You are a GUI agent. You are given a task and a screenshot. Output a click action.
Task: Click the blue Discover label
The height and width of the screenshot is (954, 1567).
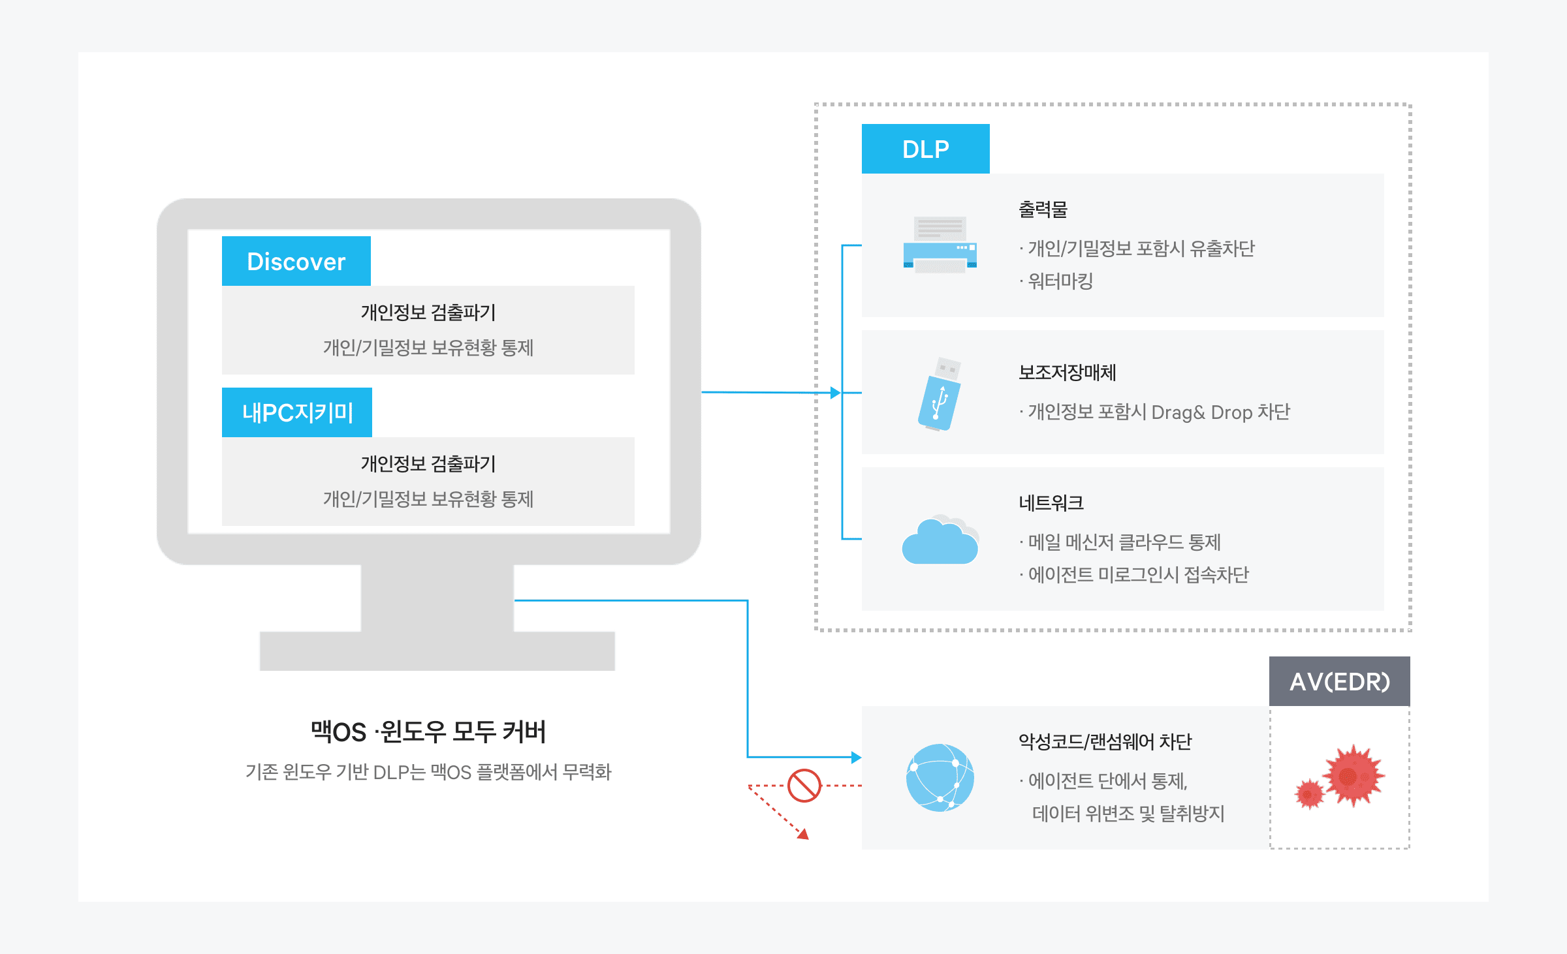(x=296, y=261)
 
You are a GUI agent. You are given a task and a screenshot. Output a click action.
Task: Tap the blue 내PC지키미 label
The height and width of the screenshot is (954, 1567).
(x=297, y=412)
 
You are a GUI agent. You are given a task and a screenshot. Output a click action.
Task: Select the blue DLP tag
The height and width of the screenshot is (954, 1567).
(x=925, y=149)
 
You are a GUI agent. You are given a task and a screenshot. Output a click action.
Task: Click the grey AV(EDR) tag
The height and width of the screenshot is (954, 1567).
(x=1339, y=681)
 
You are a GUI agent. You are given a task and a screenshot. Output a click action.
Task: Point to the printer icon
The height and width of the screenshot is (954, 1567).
(x=940, y=245)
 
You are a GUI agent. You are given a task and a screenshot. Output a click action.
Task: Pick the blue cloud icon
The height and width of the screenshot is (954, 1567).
(x=940, y=540)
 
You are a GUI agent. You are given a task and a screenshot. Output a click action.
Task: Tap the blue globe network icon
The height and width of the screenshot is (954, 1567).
(x=940, y=777)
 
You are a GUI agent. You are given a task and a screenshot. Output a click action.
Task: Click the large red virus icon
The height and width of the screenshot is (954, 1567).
(x=1353, y=775)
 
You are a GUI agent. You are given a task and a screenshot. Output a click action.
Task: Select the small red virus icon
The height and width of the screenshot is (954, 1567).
(x=1309, y=794)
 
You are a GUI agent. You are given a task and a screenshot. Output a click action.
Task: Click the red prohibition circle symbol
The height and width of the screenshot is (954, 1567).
(x=804, y=786)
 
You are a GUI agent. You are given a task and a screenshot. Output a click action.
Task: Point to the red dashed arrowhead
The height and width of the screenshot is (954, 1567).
(x=804, y=834)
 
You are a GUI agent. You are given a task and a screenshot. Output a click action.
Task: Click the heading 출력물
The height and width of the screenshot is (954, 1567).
(x=1043, y=209)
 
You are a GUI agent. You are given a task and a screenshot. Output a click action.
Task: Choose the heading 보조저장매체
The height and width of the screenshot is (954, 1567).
(x=1067, y=373)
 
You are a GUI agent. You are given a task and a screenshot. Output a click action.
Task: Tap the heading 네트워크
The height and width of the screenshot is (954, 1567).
(x=1051, y=502)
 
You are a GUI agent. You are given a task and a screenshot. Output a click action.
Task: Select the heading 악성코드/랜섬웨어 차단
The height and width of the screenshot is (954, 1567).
(x=1105, y=741)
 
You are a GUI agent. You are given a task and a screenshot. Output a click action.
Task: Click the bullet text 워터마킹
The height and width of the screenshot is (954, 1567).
(x=1060, y=281)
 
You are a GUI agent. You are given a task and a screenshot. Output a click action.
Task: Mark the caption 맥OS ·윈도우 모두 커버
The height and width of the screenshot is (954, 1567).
(x=428, y=731)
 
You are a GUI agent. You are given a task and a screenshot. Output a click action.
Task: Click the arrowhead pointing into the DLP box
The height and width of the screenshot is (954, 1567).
(x=835, y=393)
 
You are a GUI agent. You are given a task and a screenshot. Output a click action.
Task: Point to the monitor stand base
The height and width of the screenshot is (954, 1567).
(x=437, y=651)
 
